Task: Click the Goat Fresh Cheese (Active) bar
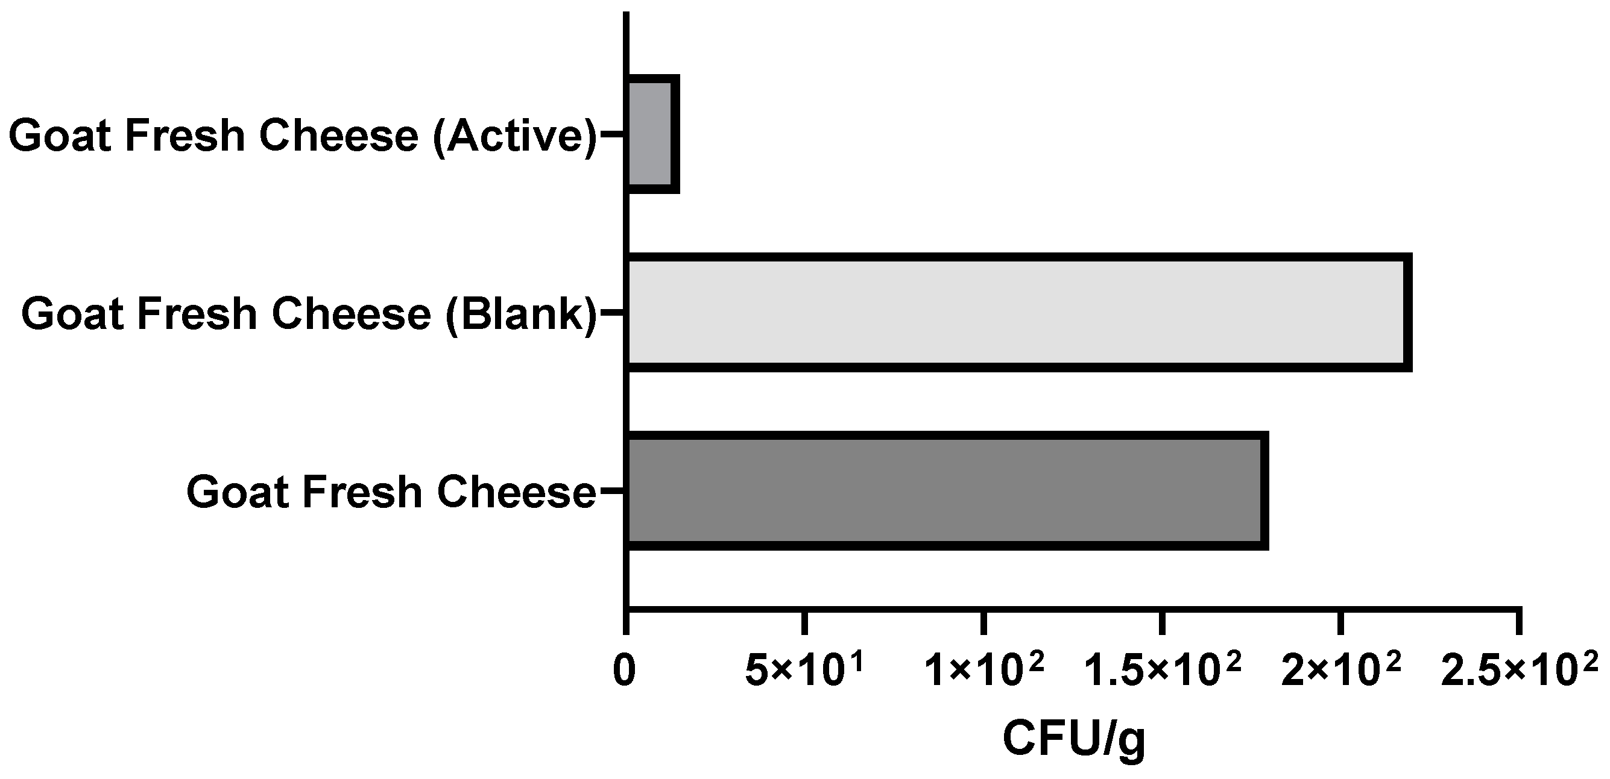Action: [x=651, y=134]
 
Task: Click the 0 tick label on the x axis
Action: [x=624, y=672]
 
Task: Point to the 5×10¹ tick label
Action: [x=804, y=672]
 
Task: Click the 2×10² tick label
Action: [x=1341, y=672]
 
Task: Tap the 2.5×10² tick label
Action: [x=1520, y=672]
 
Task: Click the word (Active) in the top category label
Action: [x=514, y=136]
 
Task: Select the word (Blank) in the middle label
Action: [x=520, y=314]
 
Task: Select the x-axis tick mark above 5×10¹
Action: [x=805, y=622]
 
